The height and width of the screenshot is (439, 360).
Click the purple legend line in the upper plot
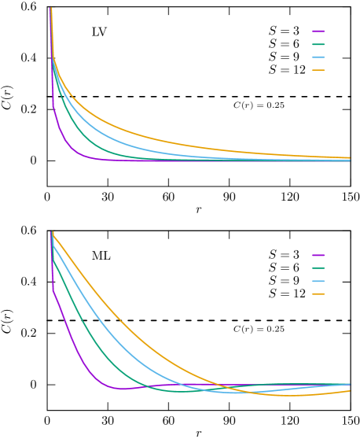click(318, 31)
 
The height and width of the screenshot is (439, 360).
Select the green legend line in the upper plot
click(318, 44)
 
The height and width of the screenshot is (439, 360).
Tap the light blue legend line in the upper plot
click(318, 57)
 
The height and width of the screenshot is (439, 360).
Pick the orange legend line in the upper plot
click(318, 70)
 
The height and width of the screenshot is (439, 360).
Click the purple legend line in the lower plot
click(318, 255)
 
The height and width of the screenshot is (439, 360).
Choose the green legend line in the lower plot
click(318, 268)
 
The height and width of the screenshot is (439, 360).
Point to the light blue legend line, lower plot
click(318, 281)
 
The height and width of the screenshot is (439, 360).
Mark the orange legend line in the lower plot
click(318, 293)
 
